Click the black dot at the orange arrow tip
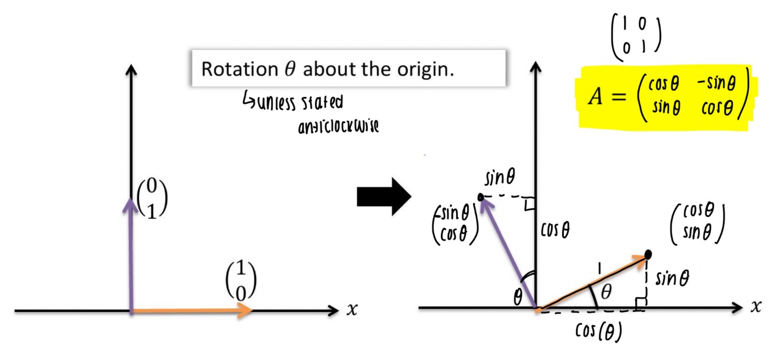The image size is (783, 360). pyautogui.click(x=648, y=254)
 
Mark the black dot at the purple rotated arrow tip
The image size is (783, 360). pyautogui.click(x=481, y=197)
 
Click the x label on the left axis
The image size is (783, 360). pyautogui.click(x=352, y=309)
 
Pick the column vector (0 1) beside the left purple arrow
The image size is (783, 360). pyautogui.click(x=152, y=200)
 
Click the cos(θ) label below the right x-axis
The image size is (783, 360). pyautogui.click(x=598, y=332)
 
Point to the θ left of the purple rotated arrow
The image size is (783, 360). pyautogui.click(x=518, y=298)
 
